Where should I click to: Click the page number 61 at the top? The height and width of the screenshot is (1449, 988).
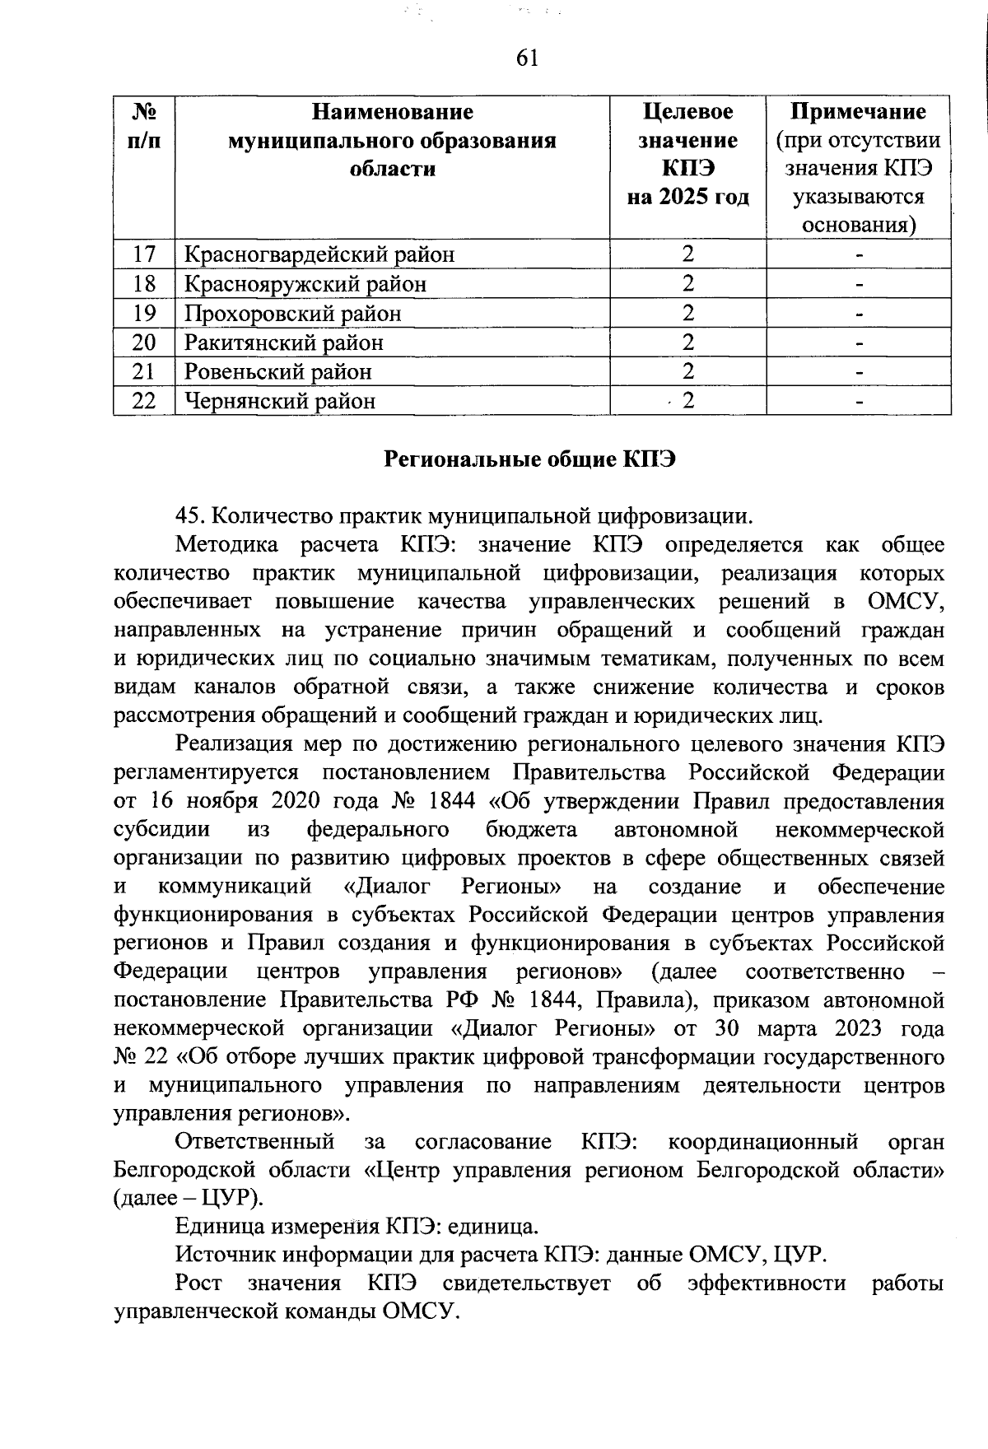pyautogui.click(x=527, y=58)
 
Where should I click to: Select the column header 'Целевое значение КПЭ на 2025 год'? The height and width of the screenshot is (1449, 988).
pyautogui.click(x=687, y=154)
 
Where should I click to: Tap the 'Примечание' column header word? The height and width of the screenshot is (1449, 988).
pyautogui.click(x=858, y=111)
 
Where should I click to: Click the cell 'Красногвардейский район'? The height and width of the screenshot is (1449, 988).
pyautogui.click(x=319, y=254)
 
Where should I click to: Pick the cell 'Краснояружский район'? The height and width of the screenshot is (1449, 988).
pyautogui.click(x=305, y=284)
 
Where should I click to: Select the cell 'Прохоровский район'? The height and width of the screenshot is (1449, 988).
pyautogui.click(x=293, y=314)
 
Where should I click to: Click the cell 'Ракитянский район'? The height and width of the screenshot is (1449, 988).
pyautogui.click(x=284, y=342)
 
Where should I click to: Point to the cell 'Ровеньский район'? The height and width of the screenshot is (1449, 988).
pyautogui.click(x=278, y=372)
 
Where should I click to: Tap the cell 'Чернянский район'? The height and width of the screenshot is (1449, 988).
pyautogui.click(x=280, y=401)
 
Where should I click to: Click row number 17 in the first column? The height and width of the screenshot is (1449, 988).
pyautogui.click(x=144, y=254)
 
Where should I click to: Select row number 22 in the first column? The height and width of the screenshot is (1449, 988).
pyautogui.click(x=144, y=401)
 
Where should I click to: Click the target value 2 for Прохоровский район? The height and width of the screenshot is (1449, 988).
pyautogui.click(x=687, y=314)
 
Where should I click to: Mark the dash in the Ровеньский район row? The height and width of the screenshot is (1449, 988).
pyautogui.click(x=859, y=372)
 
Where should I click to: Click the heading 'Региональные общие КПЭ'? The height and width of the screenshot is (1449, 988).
pyautogui.click(x=530, y=459)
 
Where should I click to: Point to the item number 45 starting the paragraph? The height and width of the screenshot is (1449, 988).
pyautogui.click(x=190, y=516)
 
